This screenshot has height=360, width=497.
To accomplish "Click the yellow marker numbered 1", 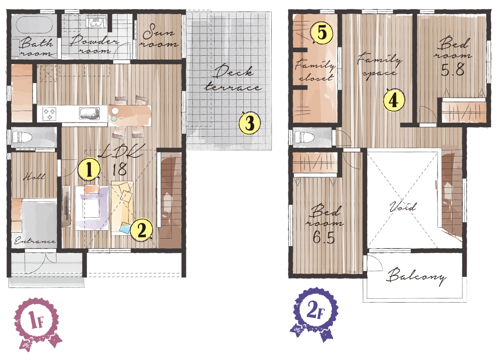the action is click(x=90, y=169).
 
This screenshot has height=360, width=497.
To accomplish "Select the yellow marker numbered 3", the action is click(x=249, y=123).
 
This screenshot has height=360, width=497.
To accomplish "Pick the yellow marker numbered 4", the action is click(x=394, y=100).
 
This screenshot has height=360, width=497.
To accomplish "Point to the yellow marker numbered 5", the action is click(x=322, y=33).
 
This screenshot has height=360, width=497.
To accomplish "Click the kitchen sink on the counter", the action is click(x=89, y=113).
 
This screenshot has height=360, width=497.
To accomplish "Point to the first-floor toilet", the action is click(x=22, y=138).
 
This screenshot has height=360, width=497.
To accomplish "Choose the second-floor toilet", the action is click(x=305, y=137).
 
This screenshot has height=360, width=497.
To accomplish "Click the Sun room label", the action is click(x=159, y=36).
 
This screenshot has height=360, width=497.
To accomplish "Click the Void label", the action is click(x=403, y=207).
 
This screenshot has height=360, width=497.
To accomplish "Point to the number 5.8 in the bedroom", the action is click(x=453, y=69).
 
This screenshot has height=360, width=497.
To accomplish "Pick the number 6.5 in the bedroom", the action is click(x=324, y=237).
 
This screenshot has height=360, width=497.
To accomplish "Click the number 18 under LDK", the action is click(x=120, y=169).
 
